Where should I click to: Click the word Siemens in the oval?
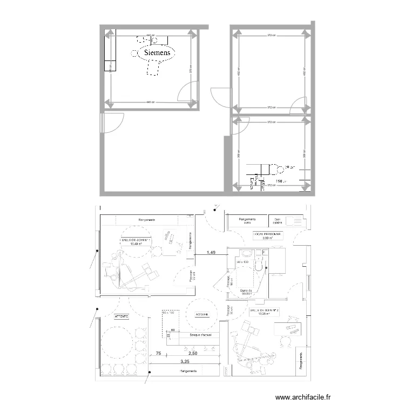pyautogui.click(x=157, y=53)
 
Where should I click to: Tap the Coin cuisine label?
pyautogui.click(x=278, y=220)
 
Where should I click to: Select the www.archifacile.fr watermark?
pyautogui.click(x=303, y=397)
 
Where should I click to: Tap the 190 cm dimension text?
pyautogui.click(x=280, y=181)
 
